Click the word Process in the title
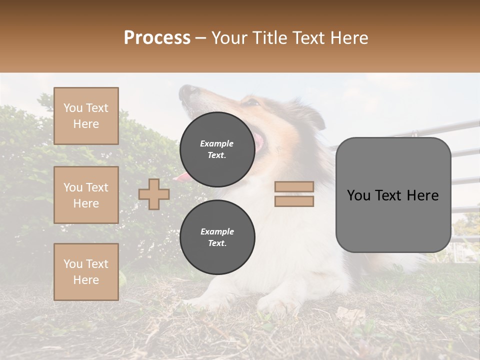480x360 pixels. pos(157,38)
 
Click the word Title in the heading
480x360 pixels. pos(267,38)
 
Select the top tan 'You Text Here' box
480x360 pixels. pos(86,116)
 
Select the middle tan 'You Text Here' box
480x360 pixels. pos(86,195)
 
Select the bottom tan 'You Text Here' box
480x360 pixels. pos(86,271)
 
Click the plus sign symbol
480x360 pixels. pos(153,194)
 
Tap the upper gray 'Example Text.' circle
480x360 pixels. pos(217,149)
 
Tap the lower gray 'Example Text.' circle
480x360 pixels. pos(217,237)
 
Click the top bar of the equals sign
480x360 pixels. pos(294,186)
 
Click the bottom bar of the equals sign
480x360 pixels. pos(294,201)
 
